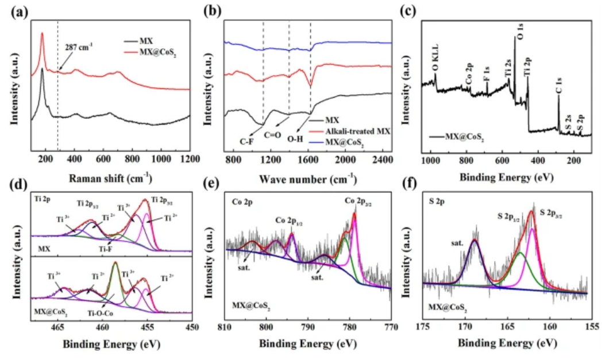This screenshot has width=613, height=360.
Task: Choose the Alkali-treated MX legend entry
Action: (x=358, y=131)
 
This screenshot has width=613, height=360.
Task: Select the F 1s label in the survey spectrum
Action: (x=486, y=73)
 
